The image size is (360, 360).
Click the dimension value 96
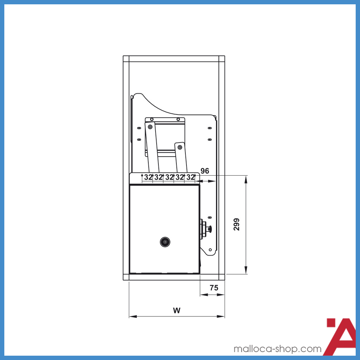pyautogui.click(x=205, y=171)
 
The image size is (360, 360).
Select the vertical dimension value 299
pyautogui.click(x=236, y=224)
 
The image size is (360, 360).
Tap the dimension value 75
pyautogui.click(x=214, y=288)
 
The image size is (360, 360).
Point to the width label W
pyautogui.click(x=176, y=310)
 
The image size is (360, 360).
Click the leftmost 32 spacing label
pyautogui.click(x=148, y=177)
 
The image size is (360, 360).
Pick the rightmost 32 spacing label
pyautogui.click(x=190, y=177)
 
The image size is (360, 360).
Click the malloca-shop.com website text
pyautogui.click(x=277, y=349)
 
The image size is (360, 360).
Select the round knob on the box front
pyautogui.click(x=165, y=242)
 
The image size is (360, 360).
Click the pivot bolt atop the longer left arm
pyautogui.click(x=150, y=126)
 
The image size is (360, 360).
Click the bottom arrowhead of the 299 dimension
pyautogui.click(x=246, y=271)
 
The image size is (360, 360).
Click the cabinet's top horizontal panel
pyautogui.click(x=174, y=59)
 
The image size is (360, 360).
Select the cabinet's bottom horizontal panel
pyautogui.click(x=174, y=277)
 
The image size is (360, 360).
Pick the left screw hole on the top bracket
pyautogui.click(x=152, y=119)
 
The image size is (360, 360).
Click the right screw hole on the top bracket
pyautogui.click(x=178, y=119)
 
